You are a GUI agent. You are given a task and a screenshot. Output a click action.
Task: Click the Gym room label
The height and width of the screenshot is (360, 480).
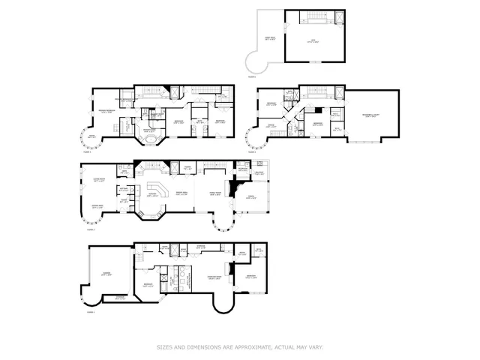pyautogui.click(x=314, y=43)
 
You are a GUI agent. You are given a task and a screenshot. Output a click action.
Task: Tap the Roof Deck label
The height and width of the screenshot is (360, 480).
pyautogui.click(x=269, y=38)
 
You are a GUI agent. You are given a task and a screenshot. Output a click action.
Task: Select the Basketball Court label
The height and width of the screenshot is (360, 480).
pyautogui.click(x=370, y=116)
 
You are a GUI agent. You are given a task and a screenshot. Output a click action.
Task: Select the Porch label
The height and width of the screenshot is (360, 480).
pyautogui.click(x=251, y=199)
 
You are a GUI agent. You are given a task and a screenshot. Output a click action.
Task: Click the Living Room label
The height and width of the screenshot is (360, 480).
pyautogui.click(x=97, y=180)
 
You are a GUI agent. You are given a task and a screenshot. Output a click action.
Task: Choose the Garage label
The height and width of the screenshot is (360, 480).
pyautogui.click(x=106, y=274)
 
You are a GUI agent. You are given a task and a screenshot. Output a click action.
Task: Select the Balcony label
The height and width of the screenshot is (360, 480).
pyautogui.click(x=259, y=172)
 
